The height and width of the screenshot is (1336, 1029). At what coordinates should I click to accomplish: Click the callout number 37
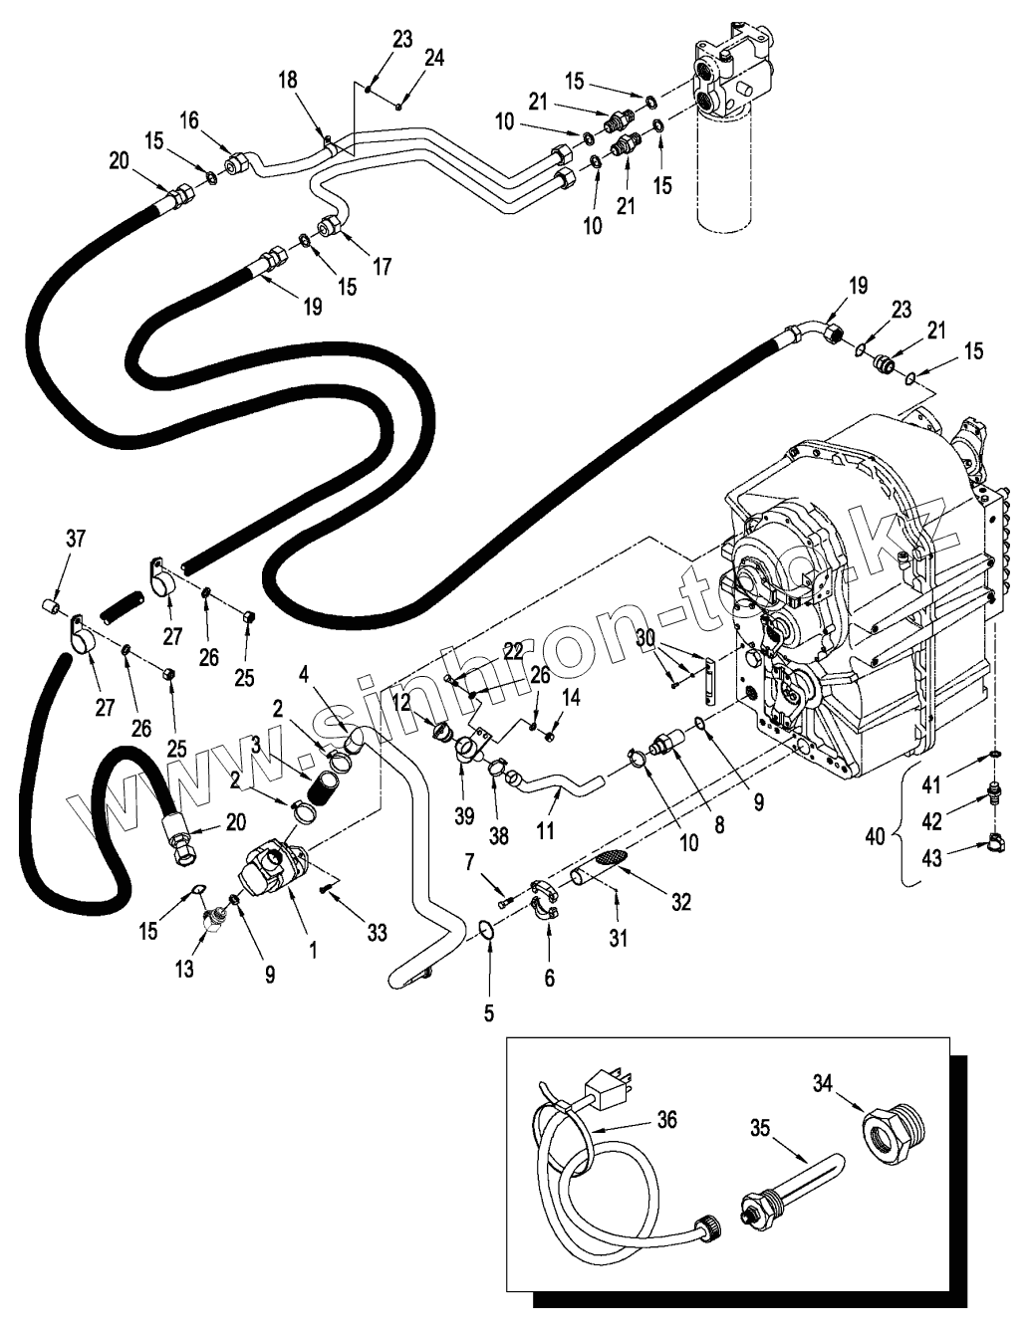pos(77,539)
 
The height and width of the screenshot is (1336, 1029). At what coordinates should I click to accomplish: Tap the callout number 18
pos(287,80)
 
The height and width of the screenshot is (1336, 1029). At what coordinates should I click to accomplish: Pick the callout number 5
pos(489,1013)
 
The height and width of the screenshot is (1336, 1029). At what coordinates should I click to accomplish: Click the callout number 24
pos(434,58)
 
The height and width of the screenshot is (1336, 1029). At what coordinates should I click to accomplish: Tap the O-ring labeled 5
pos(484,930)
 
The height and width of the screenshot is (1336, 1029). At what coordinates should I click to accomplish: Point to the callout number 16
pos(189,120)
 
